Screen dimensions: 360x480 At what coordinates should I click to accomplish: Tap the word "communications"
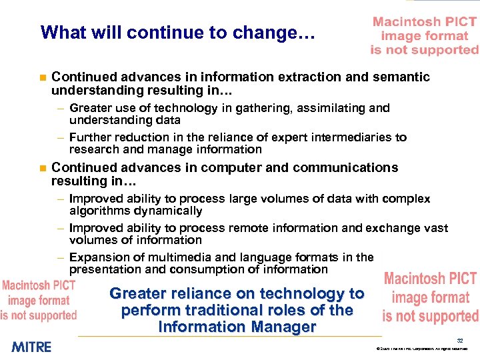[345, 168]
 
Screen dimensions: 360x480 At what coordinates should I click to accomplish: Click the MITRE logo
[31, 346]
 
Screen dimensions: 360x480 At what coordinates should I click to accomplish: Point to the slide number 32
[460, 340]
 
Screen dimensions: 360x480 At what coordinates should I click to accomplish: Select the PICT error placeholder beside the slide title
[425, 36]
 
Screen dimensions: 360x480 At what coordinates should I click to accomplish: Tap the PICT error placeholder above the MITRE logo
[39, 300]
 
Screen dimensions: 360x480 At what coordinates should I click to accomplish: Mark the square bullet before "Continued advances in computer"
[42, 168]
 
